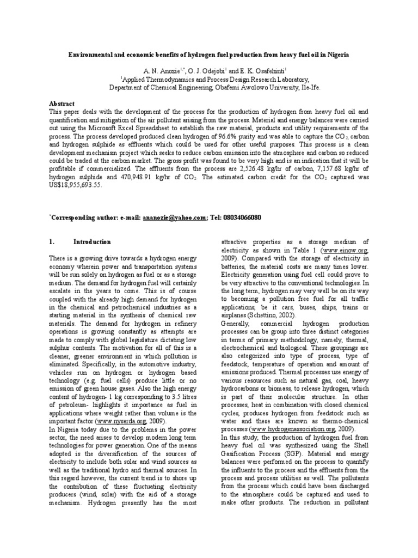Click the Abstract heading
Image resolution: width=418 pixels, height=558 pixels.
63,104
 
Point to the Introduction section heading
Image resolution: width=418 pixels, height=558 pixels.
92,242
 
